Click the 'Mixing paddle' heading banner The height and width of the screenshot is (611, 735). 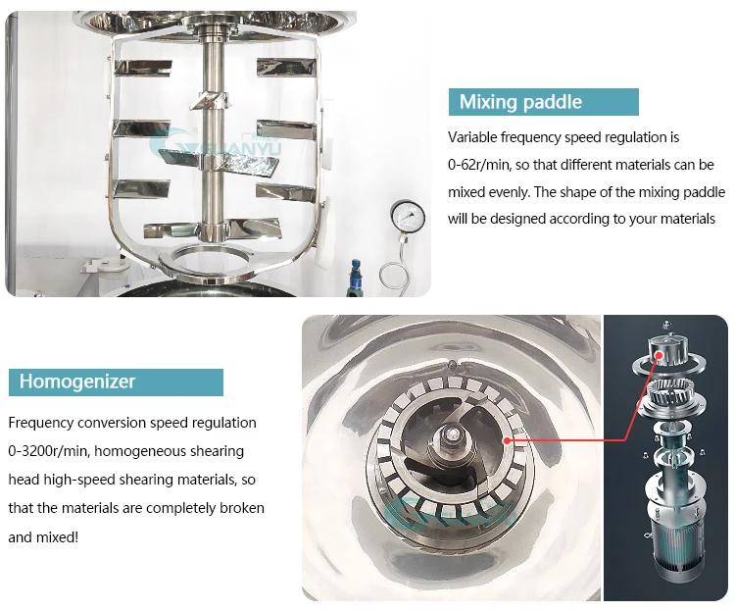[x=543, y=102]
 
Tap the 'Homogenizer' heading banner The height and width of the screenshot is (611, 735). [x=116, y=382]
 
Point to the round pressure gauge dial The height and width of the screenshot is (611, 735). [x=408, y=218]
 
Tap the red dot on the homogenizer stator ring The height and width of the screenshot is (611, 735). [x=507, y=440]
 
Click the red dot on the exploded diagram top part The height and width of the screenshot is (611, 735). [x=660, y=355]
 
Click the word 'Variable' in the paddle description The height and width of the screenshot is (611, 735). [x=472, y=137]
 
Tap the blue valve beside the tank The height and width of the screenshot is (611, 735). [x=356, y=277]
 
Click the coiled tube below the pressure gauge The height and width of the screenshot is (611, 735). [x=395, y=276]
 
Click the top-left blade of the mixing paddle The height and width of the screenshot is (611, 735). [x=142, y=67]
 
